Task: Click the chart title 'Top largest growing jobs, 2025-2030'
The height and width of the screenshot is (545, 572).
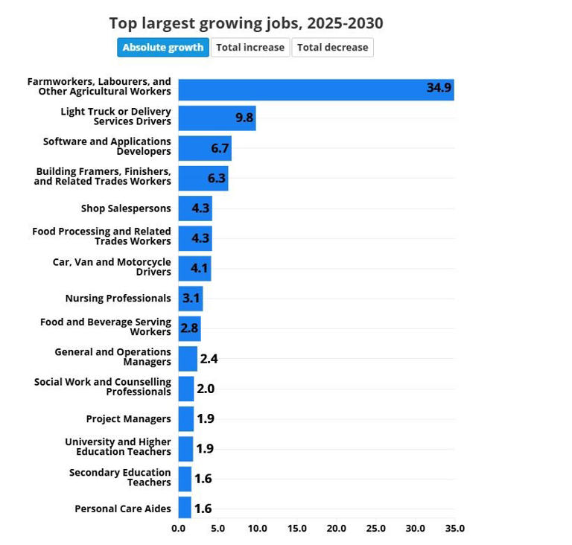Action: click(x=246, y=23)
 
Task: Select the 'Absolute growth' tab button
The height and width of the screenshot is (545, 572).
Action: click(x=162, y=48)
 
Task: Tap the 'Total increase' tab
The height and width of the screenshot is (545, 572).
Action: click(x=250, y=48)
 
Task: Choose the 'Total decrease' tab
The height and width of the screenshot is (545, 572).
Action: click(x=332, y=48)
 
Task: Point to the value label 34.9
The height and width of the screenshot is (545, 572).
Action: click(x=439, y=88)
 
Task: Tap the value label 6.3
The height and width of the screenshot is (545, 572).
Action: click(x=216, y=178)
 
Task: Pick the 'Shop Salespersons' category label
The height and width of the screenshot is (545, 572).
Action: click(x=126, y=208)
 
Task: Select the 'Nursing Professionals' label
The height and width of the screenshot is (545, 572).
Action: click(x=118, y=299)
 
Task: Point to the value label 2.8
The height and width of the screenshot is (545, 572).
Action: click(x=190, y=328)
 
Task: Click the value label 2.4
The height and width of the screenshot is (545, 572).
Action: click(x=209, y=359)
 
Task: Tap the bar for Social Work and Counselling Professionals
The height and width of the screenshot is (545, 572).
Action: click(x=185, y=389)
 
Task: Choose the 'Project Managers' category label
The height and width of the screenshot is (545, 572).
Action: click(x=128, y=419)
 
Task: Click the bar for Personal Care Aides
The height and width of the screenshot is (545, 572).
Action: click(x=184, y=509)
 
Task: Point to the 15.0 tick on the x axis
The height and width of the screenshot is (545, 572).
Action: click(x=296, y=529)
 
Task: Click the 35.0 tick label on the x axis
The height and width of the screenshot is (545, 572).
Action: click(x=454, y=529)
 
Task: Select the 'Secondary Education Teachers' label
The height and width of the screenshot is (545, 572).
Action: click(x=120, y=477)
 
